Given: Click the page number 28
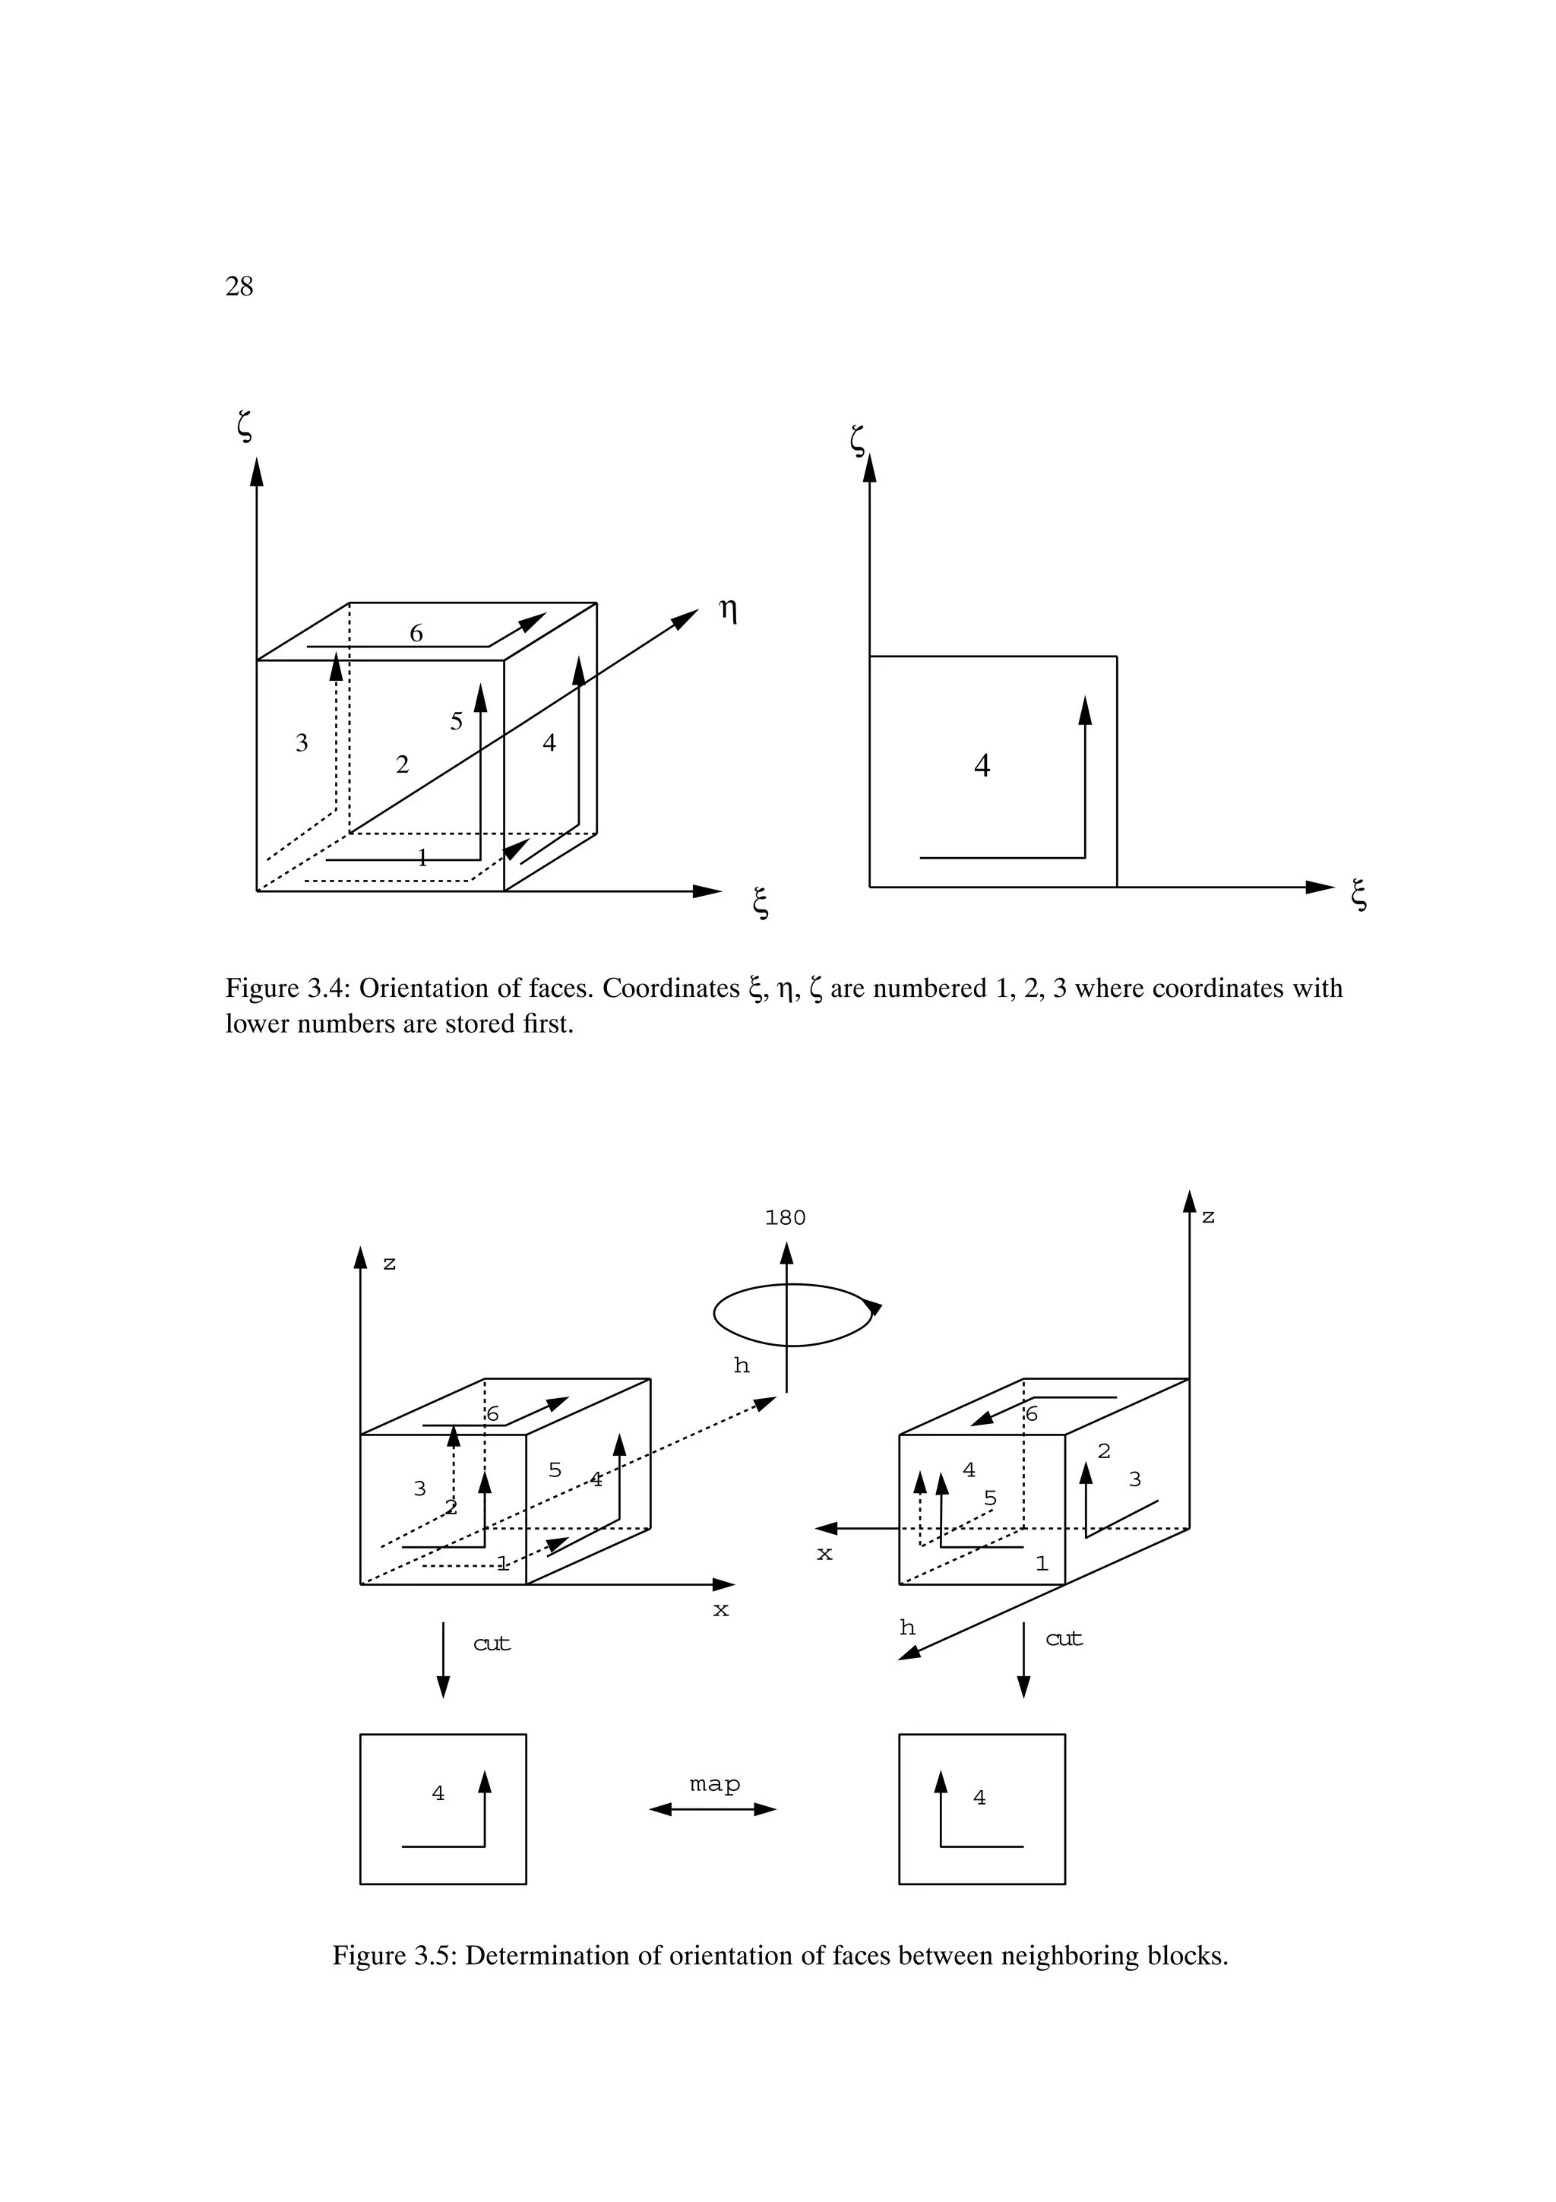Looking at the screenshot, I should pos(239,286).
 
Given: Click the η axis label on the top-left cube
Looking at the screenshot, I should pos(729,611).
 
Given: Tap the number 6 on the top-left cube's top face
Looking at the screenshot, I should pos(416,634).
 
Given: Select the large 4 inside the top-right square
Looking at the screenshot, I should pos(982,766).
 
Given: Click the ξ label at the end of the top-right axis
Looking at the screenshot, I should pos(1358,896).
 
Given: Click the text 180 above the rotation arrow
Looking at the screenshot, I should pos(785,1218).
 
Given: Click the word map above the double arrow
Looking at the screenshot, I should pos(715,1785).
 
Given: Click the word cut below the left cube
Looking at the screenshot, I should pos(492,1644).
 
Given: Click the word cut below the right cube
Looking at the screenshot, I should pos(1064,1639).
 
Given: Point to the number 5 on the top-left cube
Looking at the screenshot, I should pos(457,722).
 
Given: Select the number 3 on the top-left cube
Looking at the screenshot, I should pos(302,743).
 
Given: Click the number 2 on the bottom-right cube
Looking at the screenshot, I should pos(1103,1452).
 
